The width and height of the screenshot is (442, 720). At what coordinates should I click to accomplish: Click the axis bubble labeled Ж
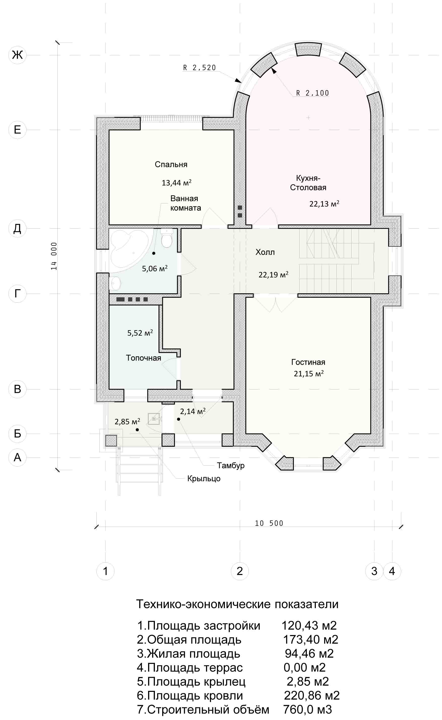pos(17,55)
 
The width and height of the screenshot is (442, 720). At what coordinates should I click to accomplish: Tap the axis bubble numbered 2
pos(240,571)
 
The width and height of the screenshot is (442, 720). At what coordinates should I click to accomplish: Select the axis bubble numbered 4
pos(392,571)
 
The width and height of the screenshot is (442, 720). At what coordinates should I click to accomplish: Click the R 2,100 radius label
pos(313,93)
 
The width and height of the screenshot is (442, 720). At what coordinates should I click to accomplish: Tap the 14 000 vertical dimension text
pos(54,256)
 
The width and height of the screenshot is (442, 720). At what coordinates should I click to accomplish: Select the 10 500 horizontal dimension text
pos(269,523)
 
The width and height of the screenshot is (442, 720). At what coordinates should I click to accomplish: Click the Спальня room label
pos(171,164)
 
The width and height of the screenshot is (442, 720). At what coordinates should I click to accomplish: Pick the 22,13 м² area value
pos(324,203)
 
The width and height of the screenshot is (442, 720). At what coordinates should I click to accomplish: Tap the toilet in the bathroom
pos(167,238)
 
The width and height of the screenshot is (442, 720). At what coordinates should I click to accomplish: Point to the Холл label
pos(265,252)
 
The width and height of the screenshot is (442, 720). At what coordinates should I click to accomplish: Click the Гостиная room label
pos(308,362)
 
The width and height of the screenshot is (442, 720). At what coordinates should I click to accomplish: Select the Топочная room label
pos(144,358)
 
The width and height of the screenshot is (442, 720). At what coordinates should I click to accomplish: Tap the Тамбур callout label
pos(231,466)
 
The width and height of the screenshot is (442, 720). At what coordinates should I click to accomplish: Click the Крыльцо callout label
pos(204,479)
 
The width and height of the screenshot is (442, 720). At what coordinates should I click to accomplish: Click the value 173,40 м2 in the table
pos(311,640)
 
